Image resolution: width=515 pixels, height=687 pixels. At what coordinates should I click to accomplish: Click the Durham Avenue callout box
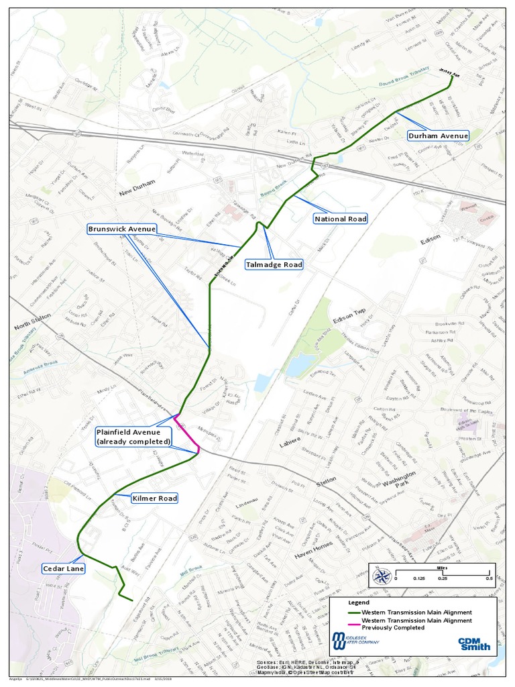(x=438, y=136)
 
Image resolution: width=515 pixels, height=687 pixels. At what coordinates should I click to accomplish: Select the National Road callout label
(x=340, y=219)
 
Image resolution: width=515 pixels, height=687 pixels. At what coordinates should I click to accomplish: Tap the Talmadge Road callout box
(x=274, y=264)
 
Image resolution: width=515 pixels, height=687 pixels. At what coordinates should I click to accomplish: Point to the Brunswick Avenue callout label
(x=122, y=229)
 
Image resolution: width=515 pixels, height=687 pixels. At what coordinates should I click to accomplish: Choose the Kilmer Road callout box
(x=154, y=498)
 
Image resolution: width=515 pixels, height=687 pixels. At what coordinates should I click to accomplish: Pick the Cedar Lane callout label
(x=62, y=568)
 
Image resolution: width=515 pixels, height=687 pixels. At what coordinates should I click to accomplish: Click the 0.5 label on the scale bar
(x=489, y=578)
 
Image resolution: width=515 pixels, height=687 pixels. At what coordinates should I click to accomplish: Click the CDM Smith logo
(x=474, y=644)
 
